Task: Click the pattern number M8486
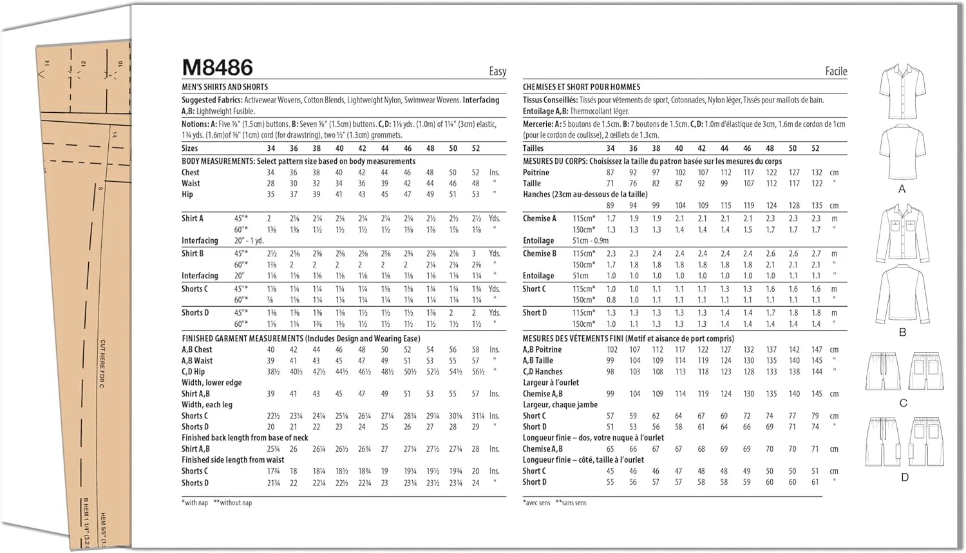tap(218, 68)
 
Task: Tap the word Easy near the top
tap(497, 72)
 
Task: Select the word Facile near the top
tap(836, 72)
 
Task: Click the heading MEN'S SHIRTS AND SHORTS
tap(225, 87)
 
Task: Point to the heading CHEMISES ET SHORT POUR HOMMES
tap(582, 87)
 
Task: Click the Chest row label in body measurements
tap(191, 173)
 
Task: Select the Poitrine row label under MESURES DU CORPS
tap(536, 173)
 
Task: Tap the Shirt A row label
tap(193, 218)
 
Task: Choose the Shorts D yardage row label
tap(195, 313)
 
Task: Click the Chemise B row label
tap(540, 254)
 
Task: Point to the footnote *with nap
tap(194, 503)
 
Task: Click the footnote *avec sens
tap(536, 503)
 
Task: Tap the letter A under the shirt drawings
tap(902, 189)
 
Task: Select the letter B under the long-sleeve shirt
tap(902, 332)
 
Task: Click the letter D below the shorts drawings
tap(905, 477)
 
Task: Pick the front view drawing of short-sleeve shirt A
tap(903, 90)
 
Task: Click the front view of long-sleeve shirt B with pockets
tap(903, 233)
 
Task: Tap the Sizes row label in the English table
tap(190, 148)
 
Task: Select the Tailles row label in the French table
tap(533, 148)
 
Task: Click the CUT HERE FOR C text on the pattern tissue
tap(102, 364)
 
